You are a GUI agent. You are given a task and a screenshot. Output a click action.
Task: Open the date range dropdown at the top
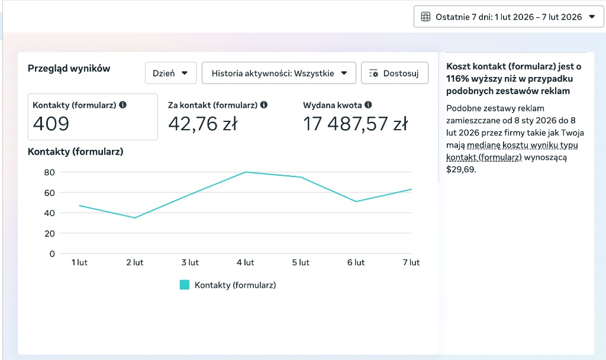click(508, 17)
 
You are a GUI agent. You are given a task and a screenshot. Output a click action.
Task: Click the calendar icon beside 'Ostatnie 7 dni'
click(426, 17)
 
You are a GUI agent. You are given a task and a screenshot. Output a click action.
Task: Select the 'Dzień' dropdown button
click(170, 73)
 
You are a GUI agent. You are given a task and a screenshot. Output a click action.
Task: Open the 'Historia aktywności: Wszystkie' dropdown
click(279, 73)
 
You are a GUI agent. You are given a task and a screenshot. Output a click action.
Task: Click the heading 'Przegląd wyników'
click(69, 69)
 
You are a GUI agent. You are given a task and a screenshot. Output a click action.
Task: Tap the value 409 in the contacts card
click(51, 124)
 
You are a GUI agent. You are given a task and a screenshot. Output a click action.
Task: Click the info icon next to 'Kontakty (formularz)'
click(123, 105)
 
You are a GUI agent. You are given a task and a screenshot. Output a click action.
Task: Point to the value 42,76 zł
click(203, 124)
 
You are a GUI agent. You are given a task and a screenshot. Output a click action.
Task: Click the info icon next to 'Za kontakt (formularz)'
click(264, 105)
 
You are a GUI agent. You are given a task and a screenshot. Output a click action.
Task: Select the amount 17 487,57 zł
click(355, 124)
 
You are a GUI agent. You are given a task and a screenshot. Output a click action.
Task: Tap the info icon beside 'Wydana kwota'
click(368, 105)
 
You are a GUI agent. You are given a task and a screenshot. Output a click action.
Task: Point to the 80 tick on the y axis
click(50, 172)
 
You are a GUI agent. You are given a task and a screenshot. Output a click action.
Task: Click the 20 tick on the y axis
click(50, 233)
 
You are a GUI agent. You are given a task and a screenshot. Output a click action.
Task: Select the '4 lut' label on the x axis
click(246, 262)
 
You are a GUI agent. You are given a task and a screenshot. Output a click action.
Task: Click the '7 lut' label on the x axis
click(411, 262)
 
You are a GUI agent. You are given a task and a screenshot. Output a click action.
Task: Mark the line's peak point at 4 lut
click(246, 172)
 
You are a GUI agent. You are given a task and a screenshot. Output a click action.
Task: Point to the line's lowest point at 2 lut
click(135, 218)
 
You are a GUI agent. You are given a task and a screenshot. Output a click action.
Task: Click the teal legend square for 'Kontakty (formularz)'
click(185, 285)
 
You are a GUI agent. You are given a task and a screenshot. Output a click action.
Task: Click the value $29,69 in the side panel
click(461, 169)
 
